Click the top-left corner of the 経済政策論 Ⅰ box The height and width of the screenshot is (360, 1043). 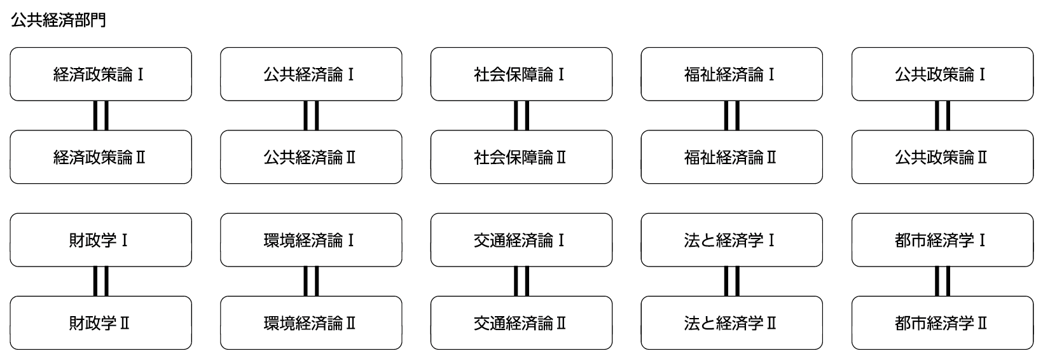coord(10,48)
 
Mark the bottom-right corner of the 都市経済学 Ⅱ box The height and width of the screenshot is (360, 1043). coord(1033,349)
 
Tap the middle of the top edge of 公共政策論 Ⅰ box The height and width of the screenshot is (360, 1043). coord(943,48)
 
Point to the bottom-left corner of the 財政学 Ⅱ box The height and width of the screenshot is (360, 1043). coord(10,349)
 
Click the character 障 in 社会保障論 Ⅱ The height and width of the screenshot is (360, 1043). coord(529,157)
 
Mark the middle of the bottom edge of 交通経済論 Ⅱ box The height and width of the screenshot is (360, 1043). coord(521,349)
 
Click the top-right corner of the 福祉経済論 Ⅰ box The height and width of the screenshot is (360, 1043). coord(822,48)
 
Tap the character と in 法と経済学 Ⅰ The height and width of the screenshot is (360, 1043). coord(708,240)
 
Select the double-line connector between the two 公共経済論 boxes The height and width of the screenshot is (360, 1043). coord(311,116)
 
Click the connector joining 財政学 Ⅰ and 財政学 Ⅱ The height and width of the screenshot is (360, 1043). coord(101,281)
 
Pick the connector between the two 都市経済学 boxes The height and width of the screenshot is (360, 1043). coord(943,281)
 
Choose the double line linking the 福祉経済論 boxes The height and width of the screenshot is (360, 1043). coord(732,116)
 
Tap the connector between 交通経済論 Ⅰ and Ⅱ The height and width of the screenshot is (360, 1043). coord(521,281)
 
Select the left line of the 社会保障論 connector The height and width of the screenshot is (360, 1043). coord(516,116)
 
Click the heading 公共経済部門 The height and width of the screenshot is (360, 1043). coord(59,20)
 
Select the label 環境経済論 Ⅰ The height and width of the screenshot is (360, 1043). coord(309,240)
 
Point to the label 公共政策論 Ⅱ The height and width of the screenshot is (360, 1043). coord(941,157)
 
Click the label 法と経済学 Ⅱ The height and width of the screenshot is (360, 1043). coord(730,323)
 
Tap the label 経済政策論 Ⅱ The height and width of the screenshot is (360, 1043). coord(99,157)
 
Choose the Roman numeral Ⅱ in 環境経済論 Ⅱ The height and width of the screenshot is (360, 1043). coord(350,323)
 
